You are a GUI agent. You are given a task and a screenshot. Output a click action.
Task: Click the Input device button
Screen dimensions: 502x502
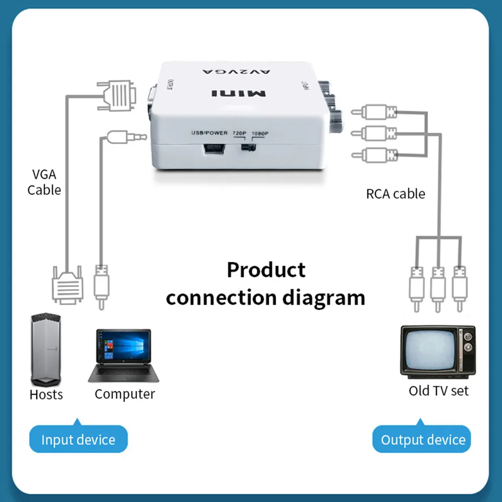tap(78, 440)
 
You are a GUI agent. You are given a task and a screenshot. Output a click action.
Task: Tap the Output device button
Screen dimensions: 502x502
tap(423, 440)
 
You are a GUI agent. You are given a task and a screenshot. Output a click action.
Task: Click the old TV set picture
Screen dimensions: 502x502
tap(438, 352)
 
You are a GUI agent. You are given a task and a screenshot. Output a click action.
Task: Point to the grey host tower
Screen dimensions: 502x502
tap(46, 349)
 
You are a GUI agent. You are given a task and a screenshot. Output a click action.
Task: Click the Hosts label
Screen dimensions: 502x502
tap(46, 394)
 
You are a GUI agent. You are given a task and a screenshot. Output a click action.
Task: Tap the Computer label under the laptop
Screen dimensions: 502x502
tap(124, 394)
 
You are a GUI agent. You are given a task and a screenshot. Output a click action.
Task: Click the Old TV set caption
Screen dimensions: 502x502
tap(438, 391)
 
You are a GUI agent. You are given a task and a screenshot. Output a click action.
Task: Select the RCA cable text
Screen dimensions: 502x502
tap(395, 194)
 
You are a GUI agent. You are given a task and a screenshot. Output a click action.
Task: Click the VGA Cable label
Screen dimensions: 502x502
tap(44, 182)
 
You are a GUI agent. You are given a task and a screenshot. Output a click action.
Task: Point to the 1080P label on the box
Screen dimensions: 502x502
tap(260, 133)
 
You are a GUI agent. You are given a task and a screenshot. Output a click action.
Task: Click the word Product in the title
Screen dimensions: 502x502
tap(266, 270)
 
